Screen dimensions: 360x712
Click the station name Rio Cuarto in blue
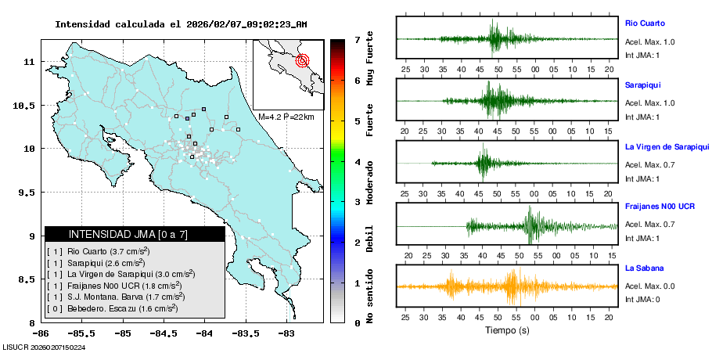(645, 23)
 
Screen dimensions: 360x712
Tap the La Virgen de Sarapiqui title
(667, 146)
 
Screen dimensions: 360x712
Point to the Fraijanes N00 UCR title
(660, 206)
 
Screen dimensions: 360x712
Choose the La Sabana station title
(643, 268)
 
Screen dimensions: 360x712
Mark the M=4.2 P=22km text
(286, 117)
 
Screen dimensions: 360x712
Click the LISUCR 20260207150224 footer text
(45, 347)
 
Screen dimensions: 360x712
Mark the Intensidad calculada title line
(181, 24)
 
